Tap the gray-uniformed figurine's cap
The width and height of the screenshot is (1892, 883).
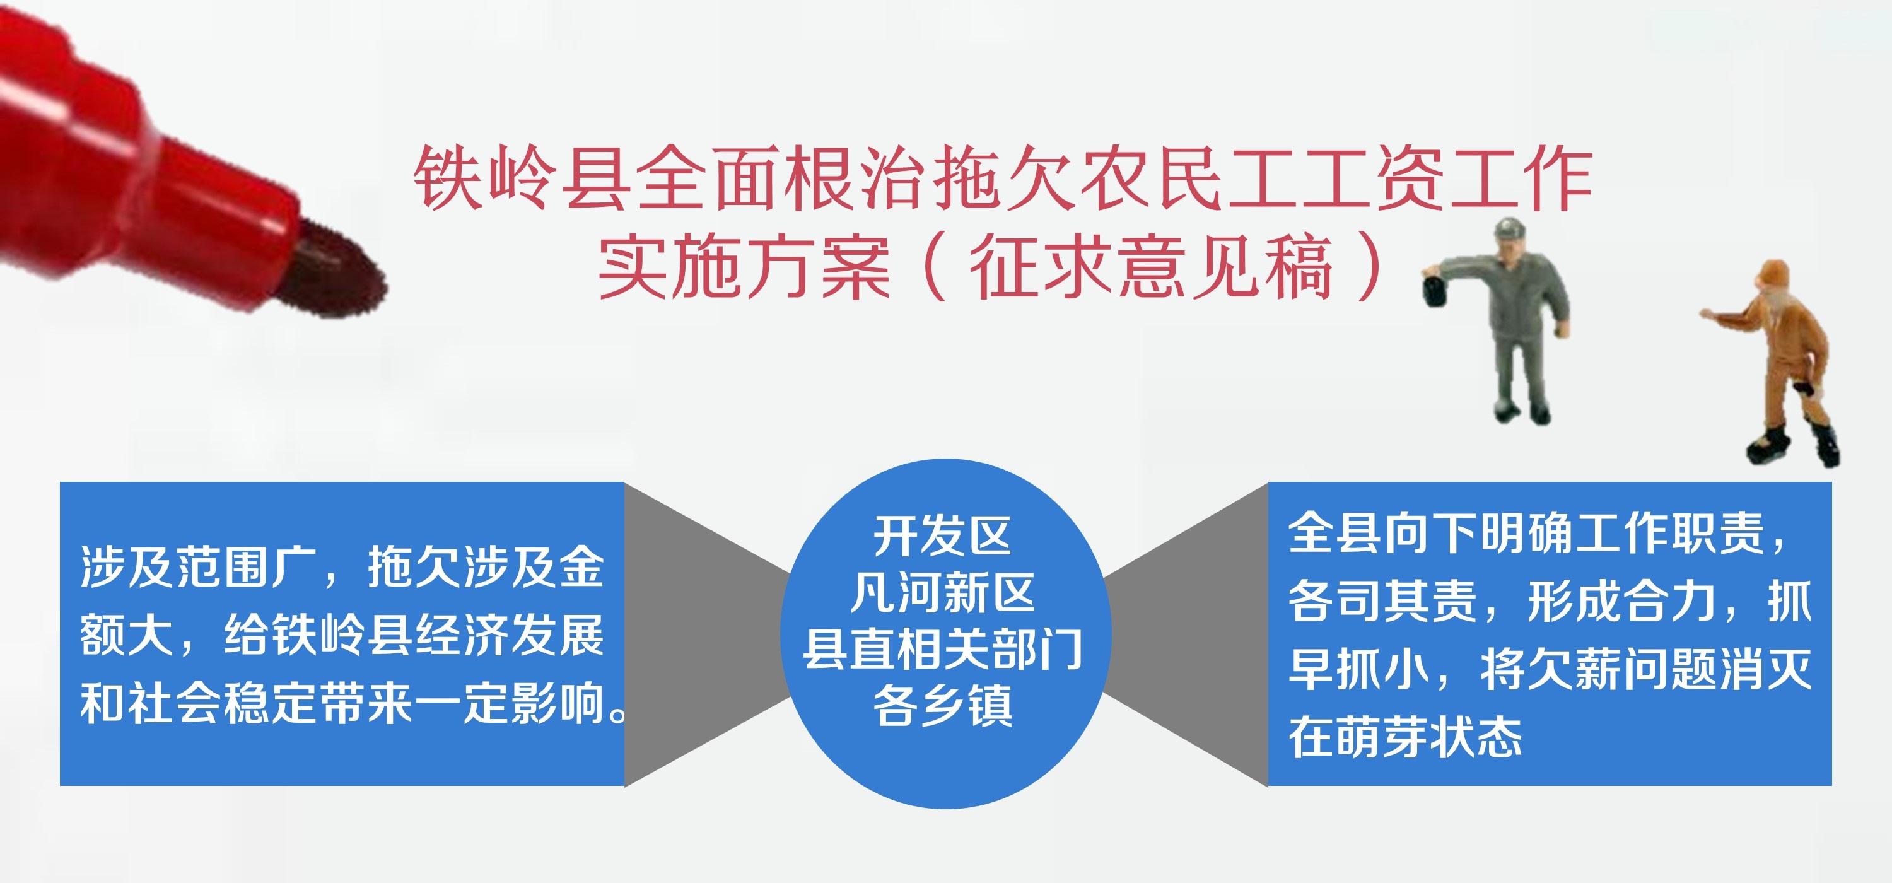click(x=1510, y=227)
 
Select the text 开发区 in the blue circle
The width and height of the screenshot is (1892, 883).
click(x=942, y=535)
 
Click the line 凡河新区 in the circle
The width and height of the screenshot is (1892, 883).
click(x=942, y=592)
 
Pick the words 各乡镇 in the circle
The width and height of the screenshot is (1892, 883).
click(x=943, y=705)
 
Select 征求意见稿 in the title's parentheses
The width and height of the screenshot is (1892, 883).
click(x=1150, y=266)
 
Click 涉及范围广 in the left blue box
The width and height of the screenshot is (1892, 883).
click(x=198, y=567)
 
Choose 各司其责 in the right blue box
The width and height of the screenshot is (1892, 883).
click(x=1382, y=601)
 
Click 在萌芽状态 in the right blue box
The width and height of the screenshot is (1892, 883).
click(x=1406, y=737)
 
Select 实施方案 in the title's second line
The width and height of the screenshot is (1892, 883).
click(x=744, y=266)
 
